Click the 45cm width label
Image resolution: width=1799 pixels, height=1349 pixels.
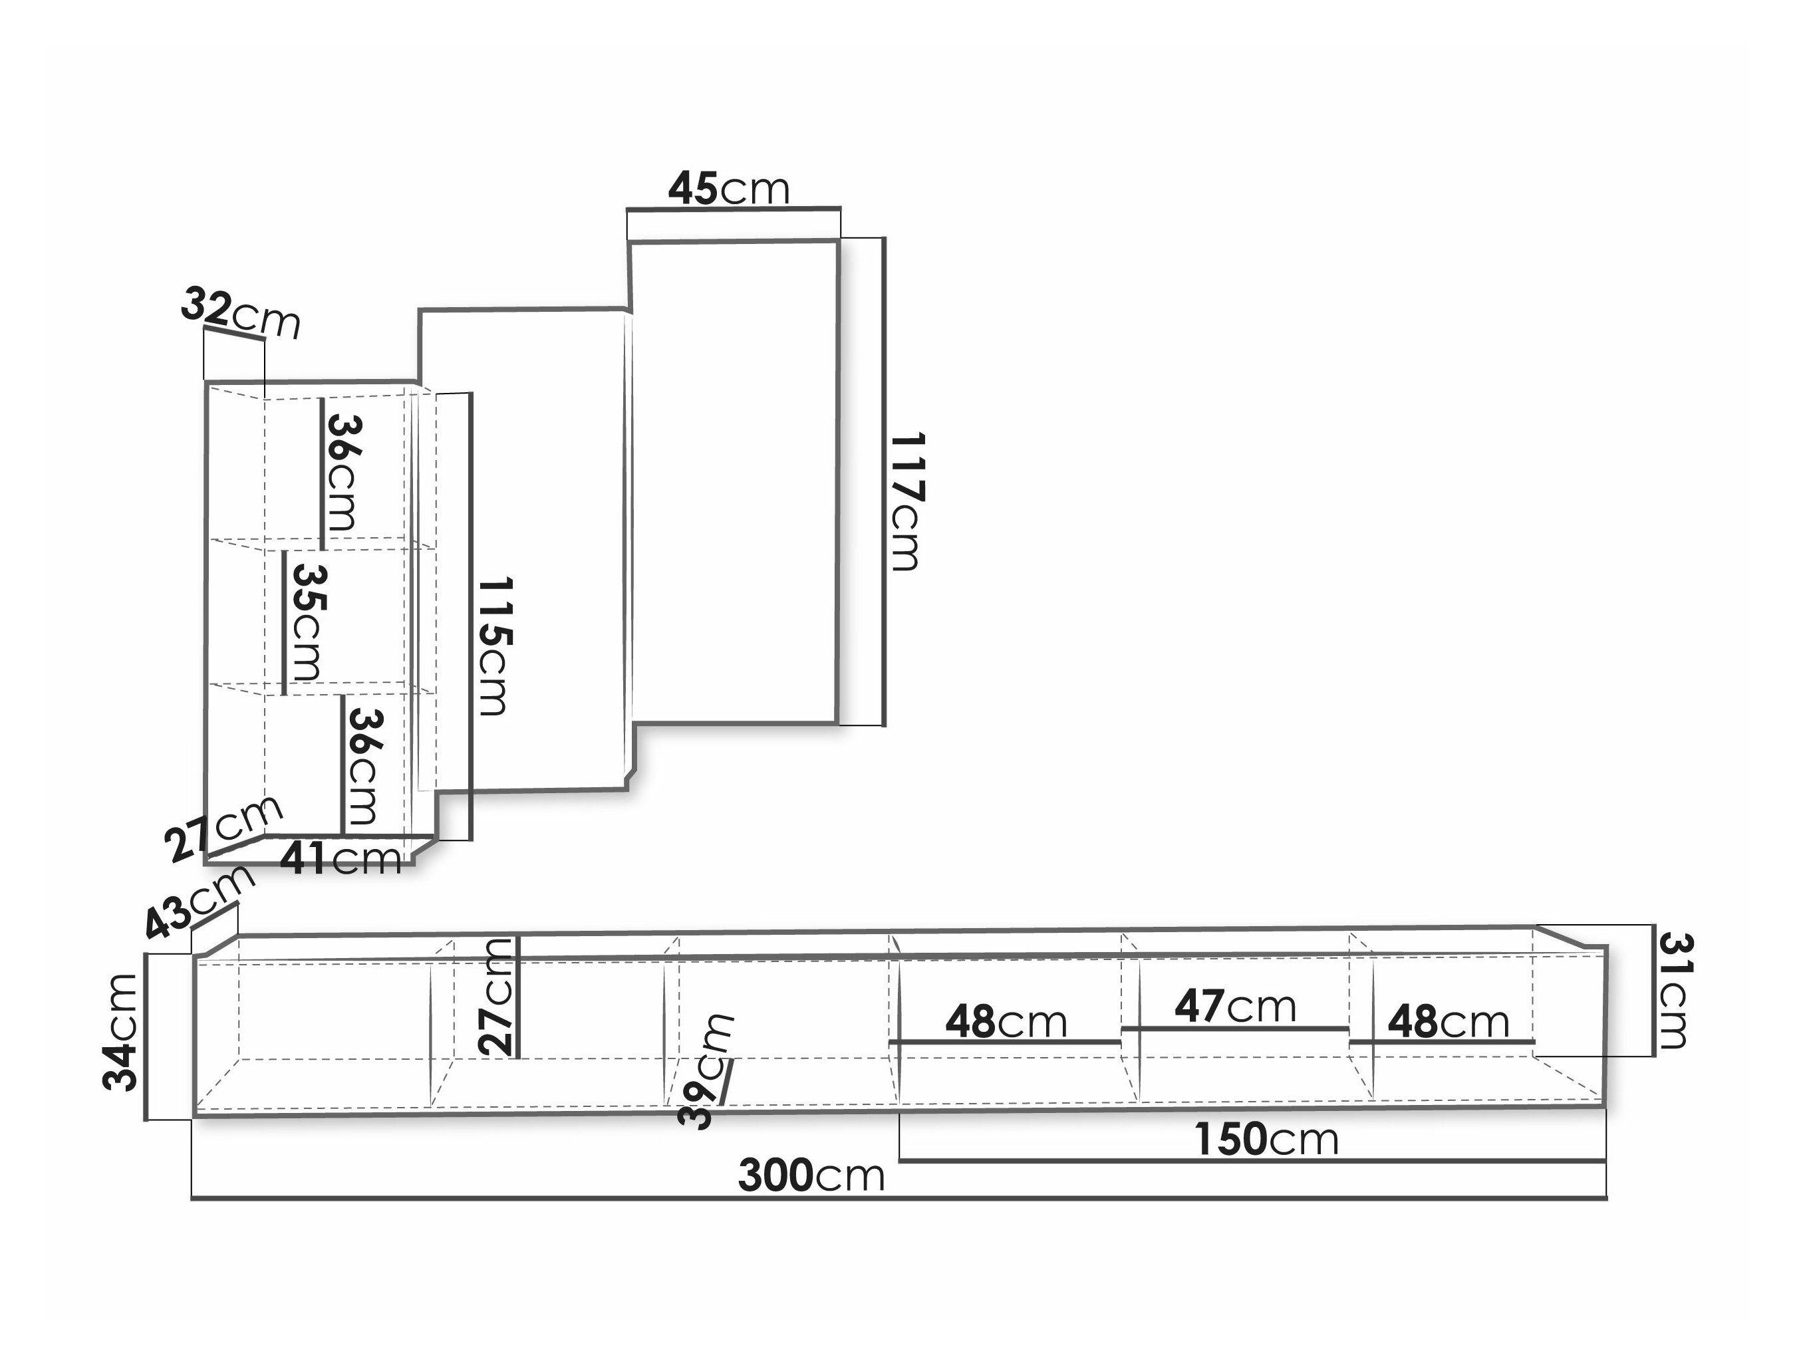(729, 189)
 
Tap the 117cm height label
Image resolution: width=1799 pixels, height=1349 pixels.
(906, 502)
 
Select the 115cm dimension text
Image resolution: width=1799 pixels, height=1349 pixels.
(493, 646)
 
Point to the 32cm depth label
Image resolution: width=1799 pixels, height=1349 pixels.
(241, 314)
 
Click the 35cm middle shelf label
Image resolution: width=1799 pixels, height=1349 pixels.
(307, 623)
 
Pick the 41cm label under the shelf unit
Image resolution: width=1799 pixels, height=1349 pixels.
(341, 859)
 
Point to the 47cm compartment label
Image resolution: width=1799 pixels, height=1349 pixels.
(1234, 1007)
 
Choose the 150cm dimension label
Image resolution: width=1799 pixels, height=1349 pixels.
(1266, 1139)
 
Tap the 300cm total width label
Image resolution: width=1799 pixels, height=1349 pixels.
(811, 1175)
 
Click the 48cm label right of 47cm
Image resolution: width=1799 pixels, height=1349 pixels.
(1448, 1022)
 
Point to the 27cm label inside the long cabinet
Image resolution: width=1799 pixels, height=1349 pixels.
(497, 997)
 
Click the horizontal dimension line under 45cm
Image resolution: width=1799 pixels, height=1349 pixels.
(734, 209)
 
